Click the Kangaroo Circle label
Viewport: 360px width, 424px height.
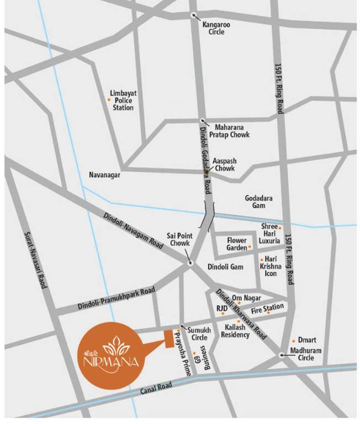pyautogui.click(x=213, y=28)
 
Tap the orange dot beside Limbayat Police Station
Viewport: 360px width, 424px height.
pyautogui.click(x=109, y=99)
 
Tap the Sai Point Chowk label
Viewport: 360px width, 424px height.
pyautogui.click(x=178, y=240)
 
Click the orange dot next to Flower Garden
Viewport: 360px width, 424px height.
pyautogui.click(x=250, y=247)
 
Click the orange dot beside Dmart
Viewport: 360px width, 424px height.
pyautogui.click(x=293, y=341)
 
